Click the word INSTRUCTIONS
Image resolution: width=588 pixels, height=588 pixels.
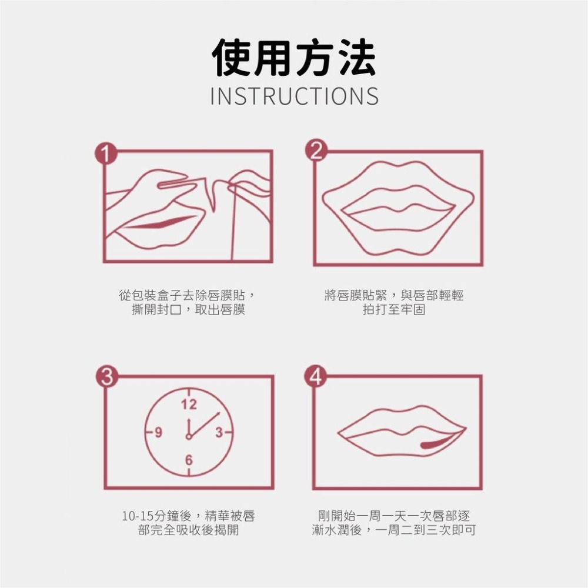coord(294,96)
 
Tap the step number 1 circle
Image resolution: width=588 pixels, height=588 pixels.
coord(104,155)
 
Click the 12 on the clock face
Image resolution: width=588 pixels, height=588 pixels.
coord(189,405)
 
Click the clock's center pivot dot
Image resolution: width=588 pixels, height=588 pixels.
coord(189,436)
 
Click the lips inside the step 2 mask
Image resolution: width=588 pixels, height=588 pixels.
coord(398,207)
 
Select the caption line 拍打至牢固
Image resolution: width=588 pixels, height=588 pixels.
coord(393,309)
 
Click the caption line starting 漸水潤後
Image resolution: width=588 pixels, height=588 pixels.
coord(394,530)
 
